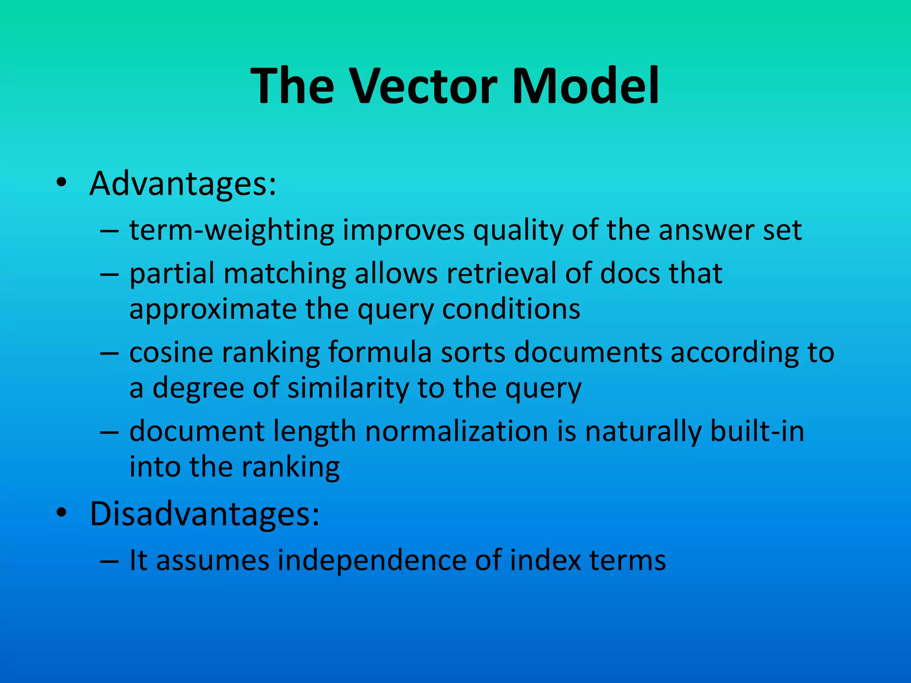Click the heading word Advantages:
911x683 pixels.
tap(183, 184)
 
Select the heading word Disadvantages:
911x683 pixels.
tap(204, 514)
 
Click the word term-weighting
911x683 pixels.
tap(231, 231)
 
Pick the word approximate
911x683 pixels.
tap(213, 310)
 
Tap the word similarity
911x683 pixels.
tap(347, 388)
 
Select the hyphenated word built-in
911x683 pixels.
tap(757, 431)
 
